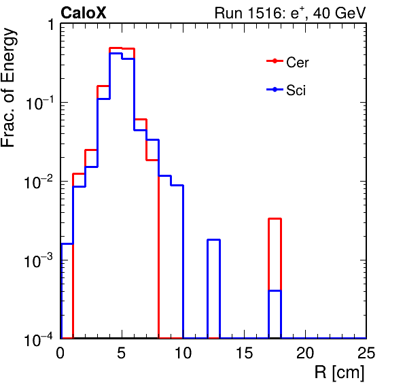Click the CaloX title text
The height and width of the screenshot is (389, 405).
(84, 13)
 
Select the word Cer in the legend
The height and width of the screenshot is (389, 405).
(297, 63)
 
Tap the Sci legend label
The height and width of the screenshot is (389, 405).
(296, 90)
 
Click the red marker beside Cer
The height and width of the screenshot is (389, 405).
(275, 61)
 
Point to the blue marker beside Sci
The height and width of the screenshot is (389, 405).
(275, 90)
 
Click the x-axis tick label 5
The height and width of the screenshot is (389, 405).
(121, 352)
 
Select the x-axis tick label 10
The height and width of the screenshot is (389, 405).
(183, 352)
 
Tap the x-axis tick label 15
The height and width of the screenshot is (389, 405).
(245, 352)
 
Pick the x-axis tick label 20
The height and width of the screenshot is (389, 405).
(305, 352)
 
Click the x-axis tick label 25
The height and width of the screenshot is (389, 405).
(366, 352)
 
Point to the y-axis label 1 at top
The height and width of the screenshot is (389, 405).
(50, 25)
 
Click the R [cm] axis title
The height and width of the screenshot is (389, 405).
(339, 373)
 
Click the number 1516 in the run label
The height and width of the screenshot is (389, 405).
(265, 13)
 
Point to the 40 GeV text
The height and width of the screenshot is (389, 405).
(339, 13)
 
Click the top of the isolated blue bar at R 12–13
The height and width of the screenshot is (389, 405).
(213, 240)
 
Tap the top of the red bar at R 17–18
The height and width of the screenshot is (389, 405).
(275, 219)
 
